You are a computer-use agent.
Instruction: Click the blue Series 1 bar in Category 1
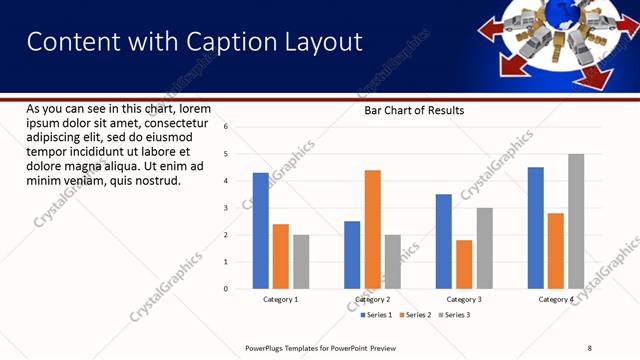(x=260, y=231)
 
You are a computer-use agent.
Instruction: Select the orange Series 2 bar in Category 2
(x=372, y=229)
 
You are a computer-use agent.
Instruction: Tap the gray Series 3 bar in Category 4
(x=576, y=221)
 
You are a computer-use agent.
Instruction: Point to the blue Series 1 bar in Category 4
(x=536, y=228)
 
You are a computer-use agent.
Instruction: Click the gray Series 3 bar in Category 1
(x=301, y=262)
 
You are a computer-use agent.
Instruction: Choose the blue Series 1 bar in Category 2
(x=352, y=255)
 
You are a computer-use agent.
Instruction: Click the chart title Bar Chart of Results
(x=414, y=111)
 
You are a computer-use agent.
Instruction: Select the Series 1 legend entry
(x=376, y=315)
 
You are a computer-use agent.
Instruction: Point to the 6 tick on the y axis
(x=226, y=127)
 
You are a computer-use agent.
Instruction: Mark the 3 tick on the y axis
(x=226, y=208)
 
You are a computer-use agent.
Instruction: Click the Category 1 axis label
(x=281, y=300)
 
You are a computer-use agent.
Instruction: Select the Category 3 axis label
(x=464, y=300)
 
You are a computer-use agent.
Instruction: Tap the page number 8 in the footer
(x=589, y=347)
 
